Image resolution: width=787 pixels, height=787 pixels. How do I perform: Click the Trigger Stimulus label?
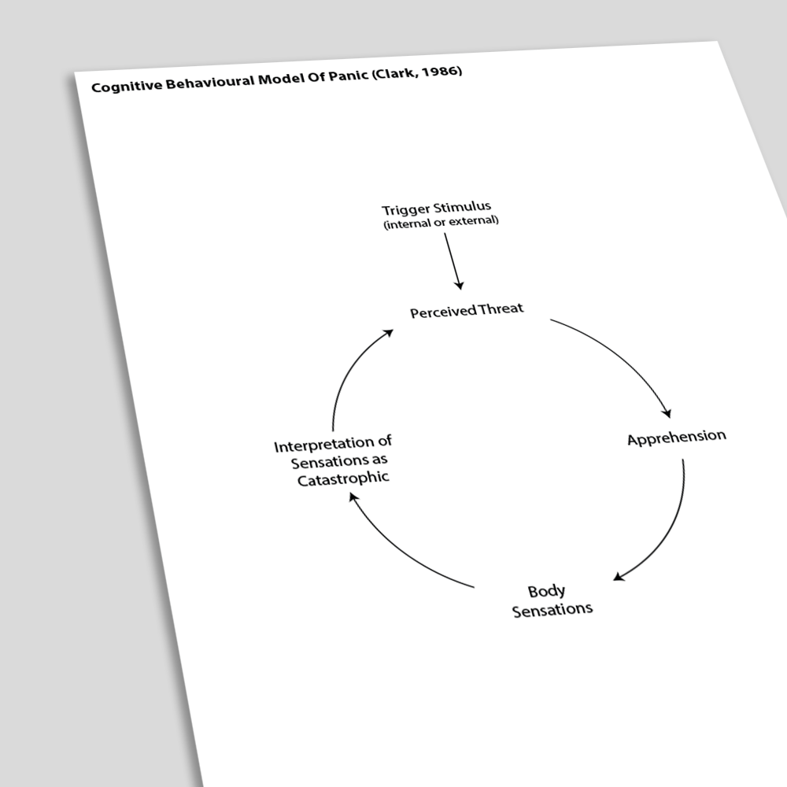(x=436, y=207)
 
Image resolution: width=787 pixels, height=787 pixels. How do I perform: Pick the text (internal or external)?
(x=442, y=222)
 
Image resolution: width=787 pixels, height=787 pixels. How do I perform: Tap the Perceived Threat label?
(x=467, y=310)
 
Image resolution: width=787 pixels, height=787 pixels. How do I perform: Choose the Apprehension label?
(x=677, y=438)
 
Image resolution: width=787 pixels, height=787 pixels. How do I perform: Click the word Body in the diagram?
(x=547, y=592)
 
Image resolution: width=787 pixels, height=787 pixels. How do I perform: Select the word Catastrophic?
(x=343, y=478)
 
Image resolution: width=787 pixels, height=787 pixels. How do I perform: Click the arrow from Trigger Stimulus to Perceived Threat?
(x=453, y=261)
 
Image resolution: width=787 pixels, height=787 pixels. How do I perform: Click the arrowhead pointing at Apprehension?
(x=667, y=412)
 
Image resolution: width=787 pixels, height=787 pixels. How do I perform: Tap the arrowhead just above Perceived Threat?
(x=459, y=285)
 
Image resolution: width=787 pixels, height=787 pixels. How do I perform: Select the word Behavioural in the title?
(x=210, y=82)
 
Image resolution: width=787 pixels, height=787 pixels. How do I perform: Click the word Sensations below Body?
(x=552, y=610)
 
